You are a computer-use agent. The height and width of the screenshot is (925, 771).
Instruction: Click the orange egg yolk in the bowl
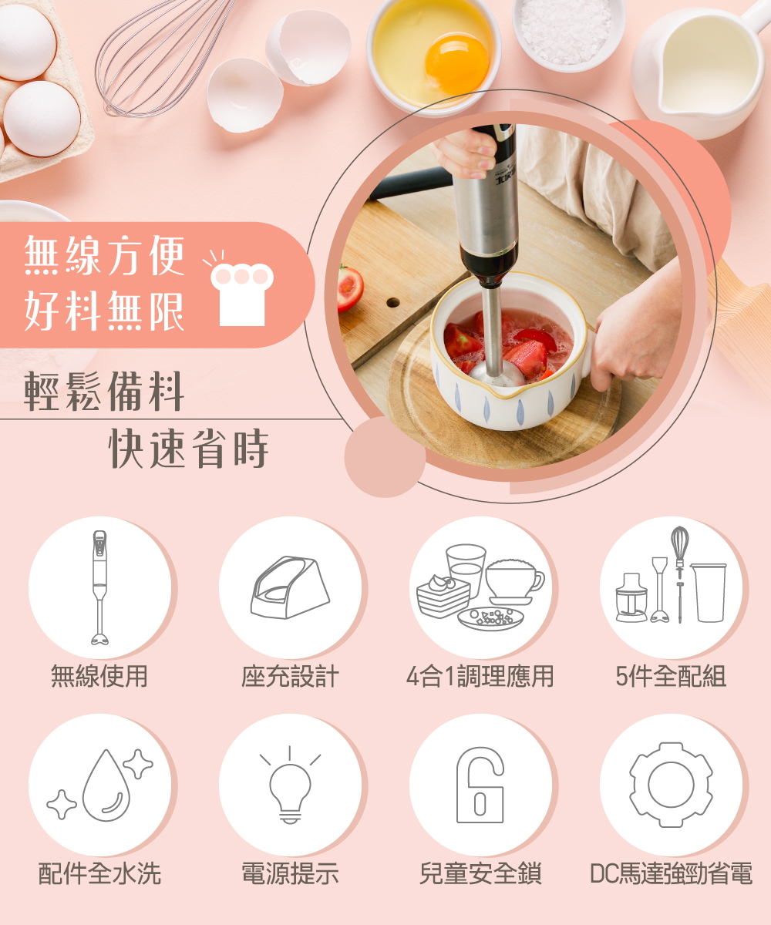pyautogui.click(x=456, y=63)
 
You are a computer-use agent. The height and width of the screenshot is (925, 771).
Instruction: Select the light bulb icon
pyautogui.click(x=290, y=785)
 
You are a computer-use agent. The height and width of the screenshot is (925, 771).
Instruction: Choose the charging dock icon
pyautogui.click(x=290, y=587)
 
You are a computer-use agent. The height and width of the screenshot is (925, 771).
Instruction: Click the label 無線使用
pyautogui.click(x=99, y=677)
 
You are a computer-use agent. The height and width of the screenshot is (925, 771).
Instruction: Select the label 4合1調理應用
pyautogui.click(x=480, y=677)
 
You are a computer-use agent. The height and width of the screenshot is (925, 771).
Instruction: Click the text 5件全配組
pyautogui.click(x=671, y=677)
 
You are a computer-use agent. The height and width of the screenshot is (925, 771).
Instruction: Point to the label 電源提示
pyautogui.click(x=290, y=873)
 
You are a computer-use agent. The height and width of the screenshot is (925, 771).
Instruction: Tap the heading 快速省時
pyautogui.click(x=189, y=449)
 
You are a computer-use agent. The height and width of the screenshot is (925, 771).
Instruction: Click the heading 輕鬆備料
pyautogui.click(x=103, y=391)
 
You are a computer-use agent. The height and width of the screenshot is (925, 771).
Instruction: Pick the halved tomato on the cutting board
pyautogui.click(x=349, y=288)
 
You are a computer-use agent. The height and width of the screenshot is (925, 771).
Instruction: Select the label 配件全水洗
pyautogui.click(x=99, y=873)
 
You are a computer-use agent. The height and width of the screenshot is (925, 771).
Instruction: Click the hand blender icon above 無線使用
pyautogui.click(x=99, y=587)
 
